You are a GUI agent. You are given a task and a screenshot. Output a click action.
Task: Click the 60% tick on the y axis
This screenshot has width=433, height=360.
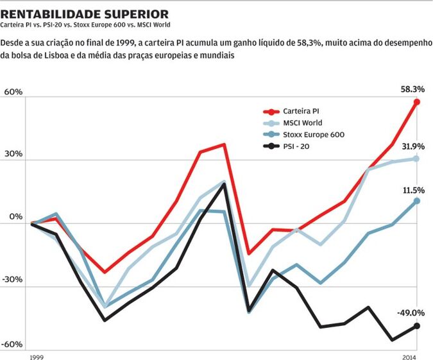click(x=13, y=92)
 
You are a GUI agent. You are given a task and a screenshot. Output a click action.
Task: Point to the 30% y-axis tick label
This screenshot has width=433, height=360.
click(x=13, y=155)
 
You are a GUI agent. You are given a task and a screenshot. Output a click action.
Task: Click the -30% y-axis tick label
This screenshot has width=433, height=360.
click(x=12, y=280)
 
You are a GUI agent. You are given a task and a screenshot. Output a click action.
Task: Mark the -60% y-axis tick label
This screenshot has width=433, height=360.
click(x=12, y=345)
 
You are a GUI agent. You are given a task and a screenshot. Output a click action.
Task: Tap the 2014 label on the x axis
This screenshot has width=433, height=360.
click(x=409, y=356)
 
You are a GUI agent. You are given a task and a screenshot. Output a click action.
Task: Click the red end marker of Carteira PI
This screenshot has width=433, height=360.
click(x=417, y=102)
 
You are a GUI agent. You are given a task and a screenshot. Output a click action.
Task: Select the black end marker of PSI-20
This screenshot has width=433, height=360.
click(x=417, y=326)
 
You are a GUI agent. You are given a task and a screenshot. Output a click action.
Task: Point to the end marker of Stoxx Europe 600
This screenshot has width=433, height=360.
click(x=417, y=201)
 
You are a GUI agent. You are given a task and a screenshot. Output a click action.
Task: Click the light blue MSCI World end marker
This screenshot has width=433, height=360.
click(x=417, y=158)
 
